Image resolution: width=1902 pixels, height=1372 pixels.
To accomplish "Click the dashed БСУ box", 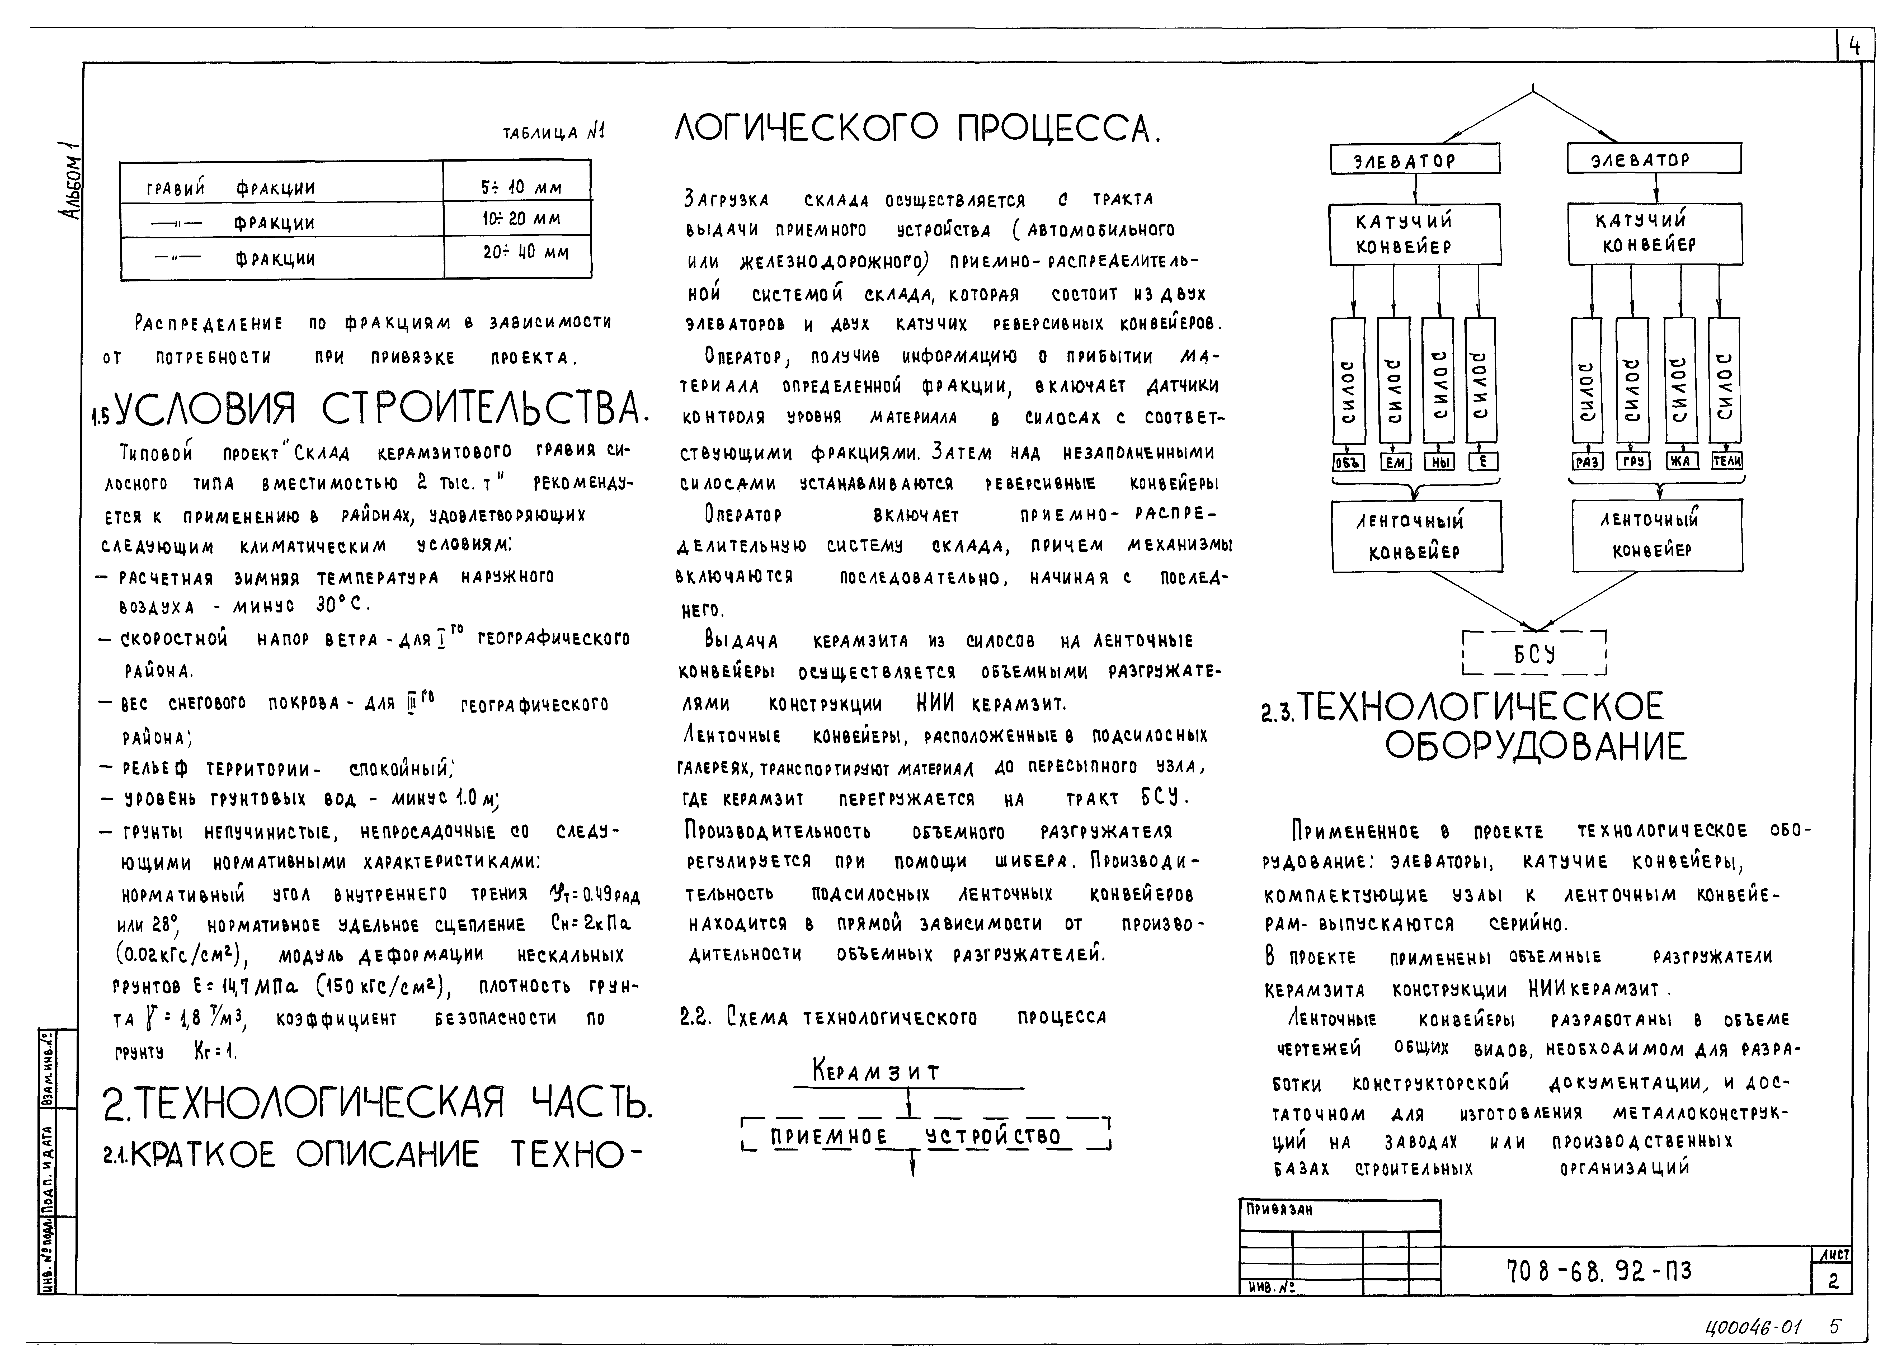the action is click(x=1534, y=652).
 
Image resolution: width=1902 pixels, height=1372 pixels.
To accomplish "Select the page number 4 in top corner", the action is click(x=1854, y=47).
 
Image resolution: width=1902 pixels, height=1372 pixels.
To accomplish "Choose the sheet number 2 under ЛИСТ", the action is click(x=1833, y=1281).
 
